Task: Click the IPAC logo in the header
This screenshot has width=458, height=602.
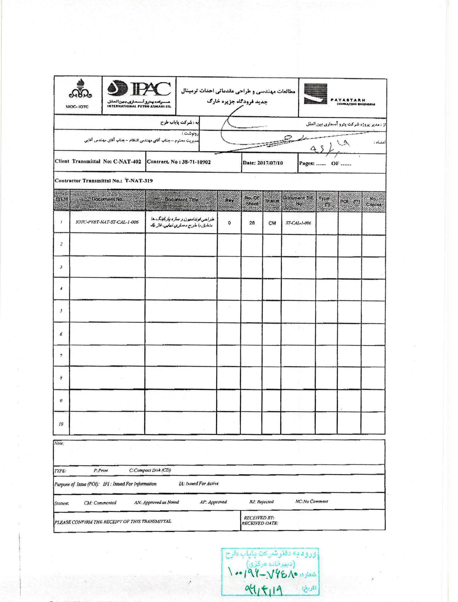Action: pyautogui.click(x=139, y=94)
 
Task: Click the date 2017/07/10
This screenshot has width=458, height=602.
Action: pyautogui.click(x=270, y=163)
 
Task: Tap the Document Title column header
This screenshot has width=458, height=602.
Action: pyautogui.click(x=181, y=200)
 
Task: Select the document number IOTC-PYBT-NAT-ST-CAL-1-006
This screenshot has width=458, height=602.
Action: pyautogui.click(x=107, y=222)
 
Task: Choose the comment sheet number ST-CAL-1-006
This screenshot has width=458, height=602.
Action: pyautogui.click(x=298, y=223)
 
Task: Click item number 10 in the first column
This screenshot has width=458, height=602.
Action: pyautogui.click(x=61, y=424)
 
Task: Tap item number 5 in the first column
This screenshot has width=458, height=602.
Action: pyautogui.click(x=61, y=311)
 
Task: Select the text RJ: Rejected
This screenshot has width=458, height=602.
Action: pyautogui.click(x=261, y=502)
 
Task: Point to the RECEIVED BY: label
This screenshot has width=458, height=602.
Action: pyautogui.click(x=259, y=518)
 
